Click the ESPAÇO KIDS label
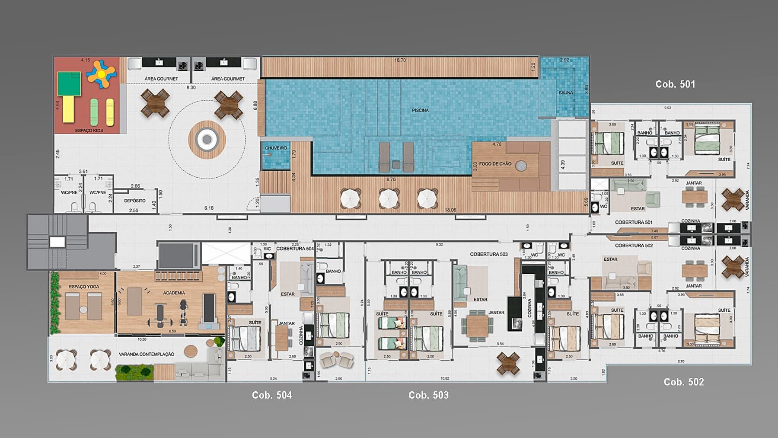pos(89,130)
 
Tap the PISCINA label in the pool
pos(420,110)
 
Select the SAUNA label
pos(565,93)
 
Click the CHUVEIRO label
pos(276,148)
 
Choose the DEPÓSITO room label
pos(134,201)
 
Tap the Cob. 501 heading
pos(675,84)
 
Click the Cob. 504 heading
pos(272,395)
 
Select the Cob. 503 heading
pos(428,395)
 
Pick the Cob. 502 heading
pos(683,382)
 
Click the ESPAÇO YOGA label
pos(84,287)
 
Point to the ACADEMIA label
pos(174,293)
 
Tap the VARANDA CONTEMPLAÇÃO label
pos(147,354)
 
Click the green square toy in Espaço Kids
pos(70,84)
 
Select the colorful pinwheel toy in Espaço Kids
pos(101,74)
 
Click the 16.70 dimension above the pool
pos(400,60)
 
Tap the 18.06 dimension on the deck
pos(450,210)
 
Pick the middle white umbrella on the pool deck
pos(389,199)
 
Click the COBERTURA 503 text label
pos(488,254)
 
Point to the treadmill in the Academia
pos(209,309)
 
